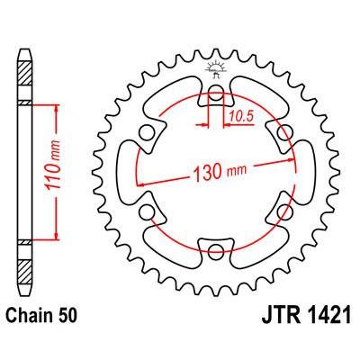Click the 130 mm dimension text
[x=220, y=173]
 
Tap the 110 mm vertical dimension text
[x=53, y=165]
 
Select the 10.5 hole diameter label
[x=241, y=117]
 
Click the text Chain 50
[x=41, y=316]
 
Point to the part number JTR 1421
[x=306, y=316]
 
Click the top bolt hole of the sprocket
[x=216, y=91]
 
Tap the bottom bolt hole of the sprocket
[x=216, y=250]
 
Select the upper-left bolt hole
[x=147, y=131]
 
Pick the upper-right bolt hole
[x=284, y=132]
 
